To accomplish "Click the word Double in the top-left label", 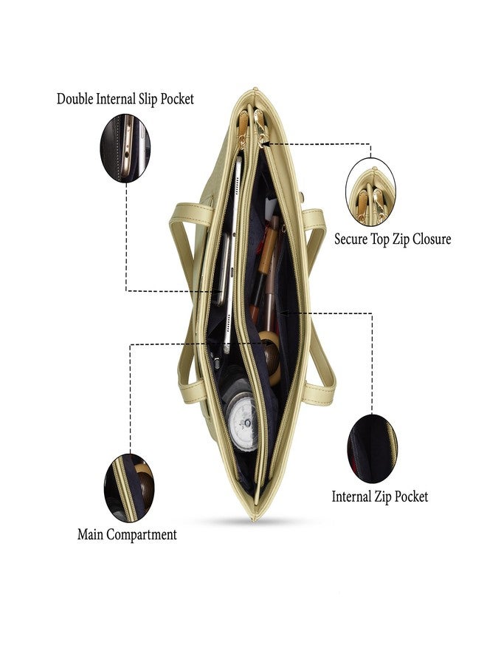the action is (x=75, y=99).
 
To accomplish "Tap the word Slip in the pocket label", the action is (x=148, y=99).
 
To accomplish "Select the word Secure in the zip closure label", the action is (x=351, y=239).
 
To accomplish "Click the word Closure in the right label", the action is (x=432, y=239).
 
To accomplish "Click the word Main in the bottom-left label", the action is (x=90, y=534).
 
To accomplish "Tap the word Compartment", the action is (x=142, y=535).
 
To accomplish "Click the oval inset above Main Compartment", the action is (x=128, y=488).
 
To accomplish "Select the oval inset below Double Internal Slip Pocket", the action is (x=125, y=148).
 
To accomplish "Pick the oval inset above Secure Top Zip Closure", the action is (x=371, y=191).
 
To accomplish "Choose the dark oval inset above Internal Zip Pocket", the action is (x=372, y=449).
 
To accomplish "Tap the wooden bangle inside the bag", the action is (x=270, y=356).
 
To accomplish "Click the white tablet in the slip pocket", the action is (x=232, y=254).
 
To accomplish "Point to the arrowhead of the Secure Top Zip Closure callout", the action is (x=268, y=144).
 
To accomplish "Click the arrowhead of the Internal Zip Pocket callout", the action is (x=283, y=313).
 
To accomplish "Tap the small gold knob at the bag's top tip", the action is (x=255, y=89).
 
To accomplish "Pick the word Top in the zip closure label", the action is (x=380, y=239).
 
